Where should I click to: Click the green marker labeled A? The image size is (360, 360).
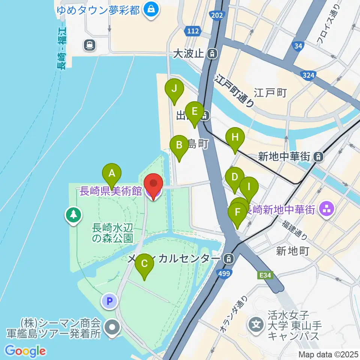(111, 173)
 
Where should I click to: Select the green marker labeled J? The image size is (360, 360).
(174, 89)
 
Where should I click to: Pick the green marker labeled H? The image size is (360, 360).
(235, 137)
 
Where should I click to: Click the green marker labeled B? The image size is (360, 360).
(179, 145)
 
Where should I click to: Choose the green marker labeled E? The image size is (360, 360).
(194, 112)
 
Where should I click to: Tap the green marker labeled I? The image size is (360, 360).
(249, 186)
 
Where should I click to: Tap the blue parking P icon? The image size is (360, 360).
(109, 300)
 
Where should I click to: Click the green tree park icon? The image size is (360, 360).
(73, 215)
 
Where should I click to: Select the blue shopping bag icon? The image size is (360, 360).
(151, 9)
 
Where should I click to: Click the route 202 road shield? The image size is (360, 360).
(216, 15)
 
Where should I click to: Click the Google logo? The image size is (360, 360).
(25, 351)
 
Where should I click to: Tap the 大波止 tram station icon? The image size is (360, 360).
(213, 54)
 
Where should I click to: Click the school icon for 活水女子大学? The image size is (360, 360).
(256, 323)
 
